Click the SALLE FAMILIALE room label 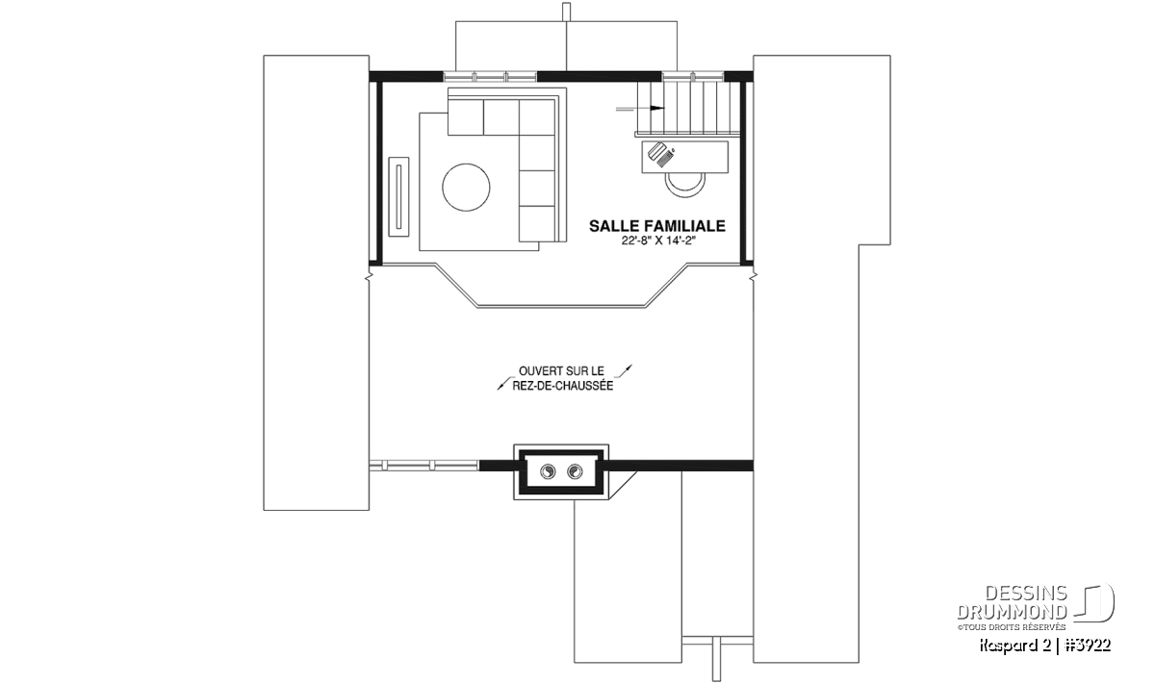[657, 226]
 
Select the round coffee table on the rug [466, 187]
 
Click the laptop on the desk [661, 155]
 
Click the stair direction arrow [640, 109]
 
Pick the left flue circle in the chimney [548, 471]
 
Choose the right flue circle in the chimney [575, 471]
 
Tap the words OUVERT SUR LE [561, 371]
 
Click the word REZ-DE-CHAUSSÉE [562, 386]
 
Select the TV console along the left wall [398, 196]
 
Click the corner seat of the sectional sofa [536, 117]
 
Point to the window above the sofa [490, 77]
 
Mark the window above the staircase [693, 77]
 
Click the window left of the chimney [424, 466]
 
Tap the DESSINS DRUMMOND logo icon [1094, 603]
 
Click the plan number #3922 [1088, 646]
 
